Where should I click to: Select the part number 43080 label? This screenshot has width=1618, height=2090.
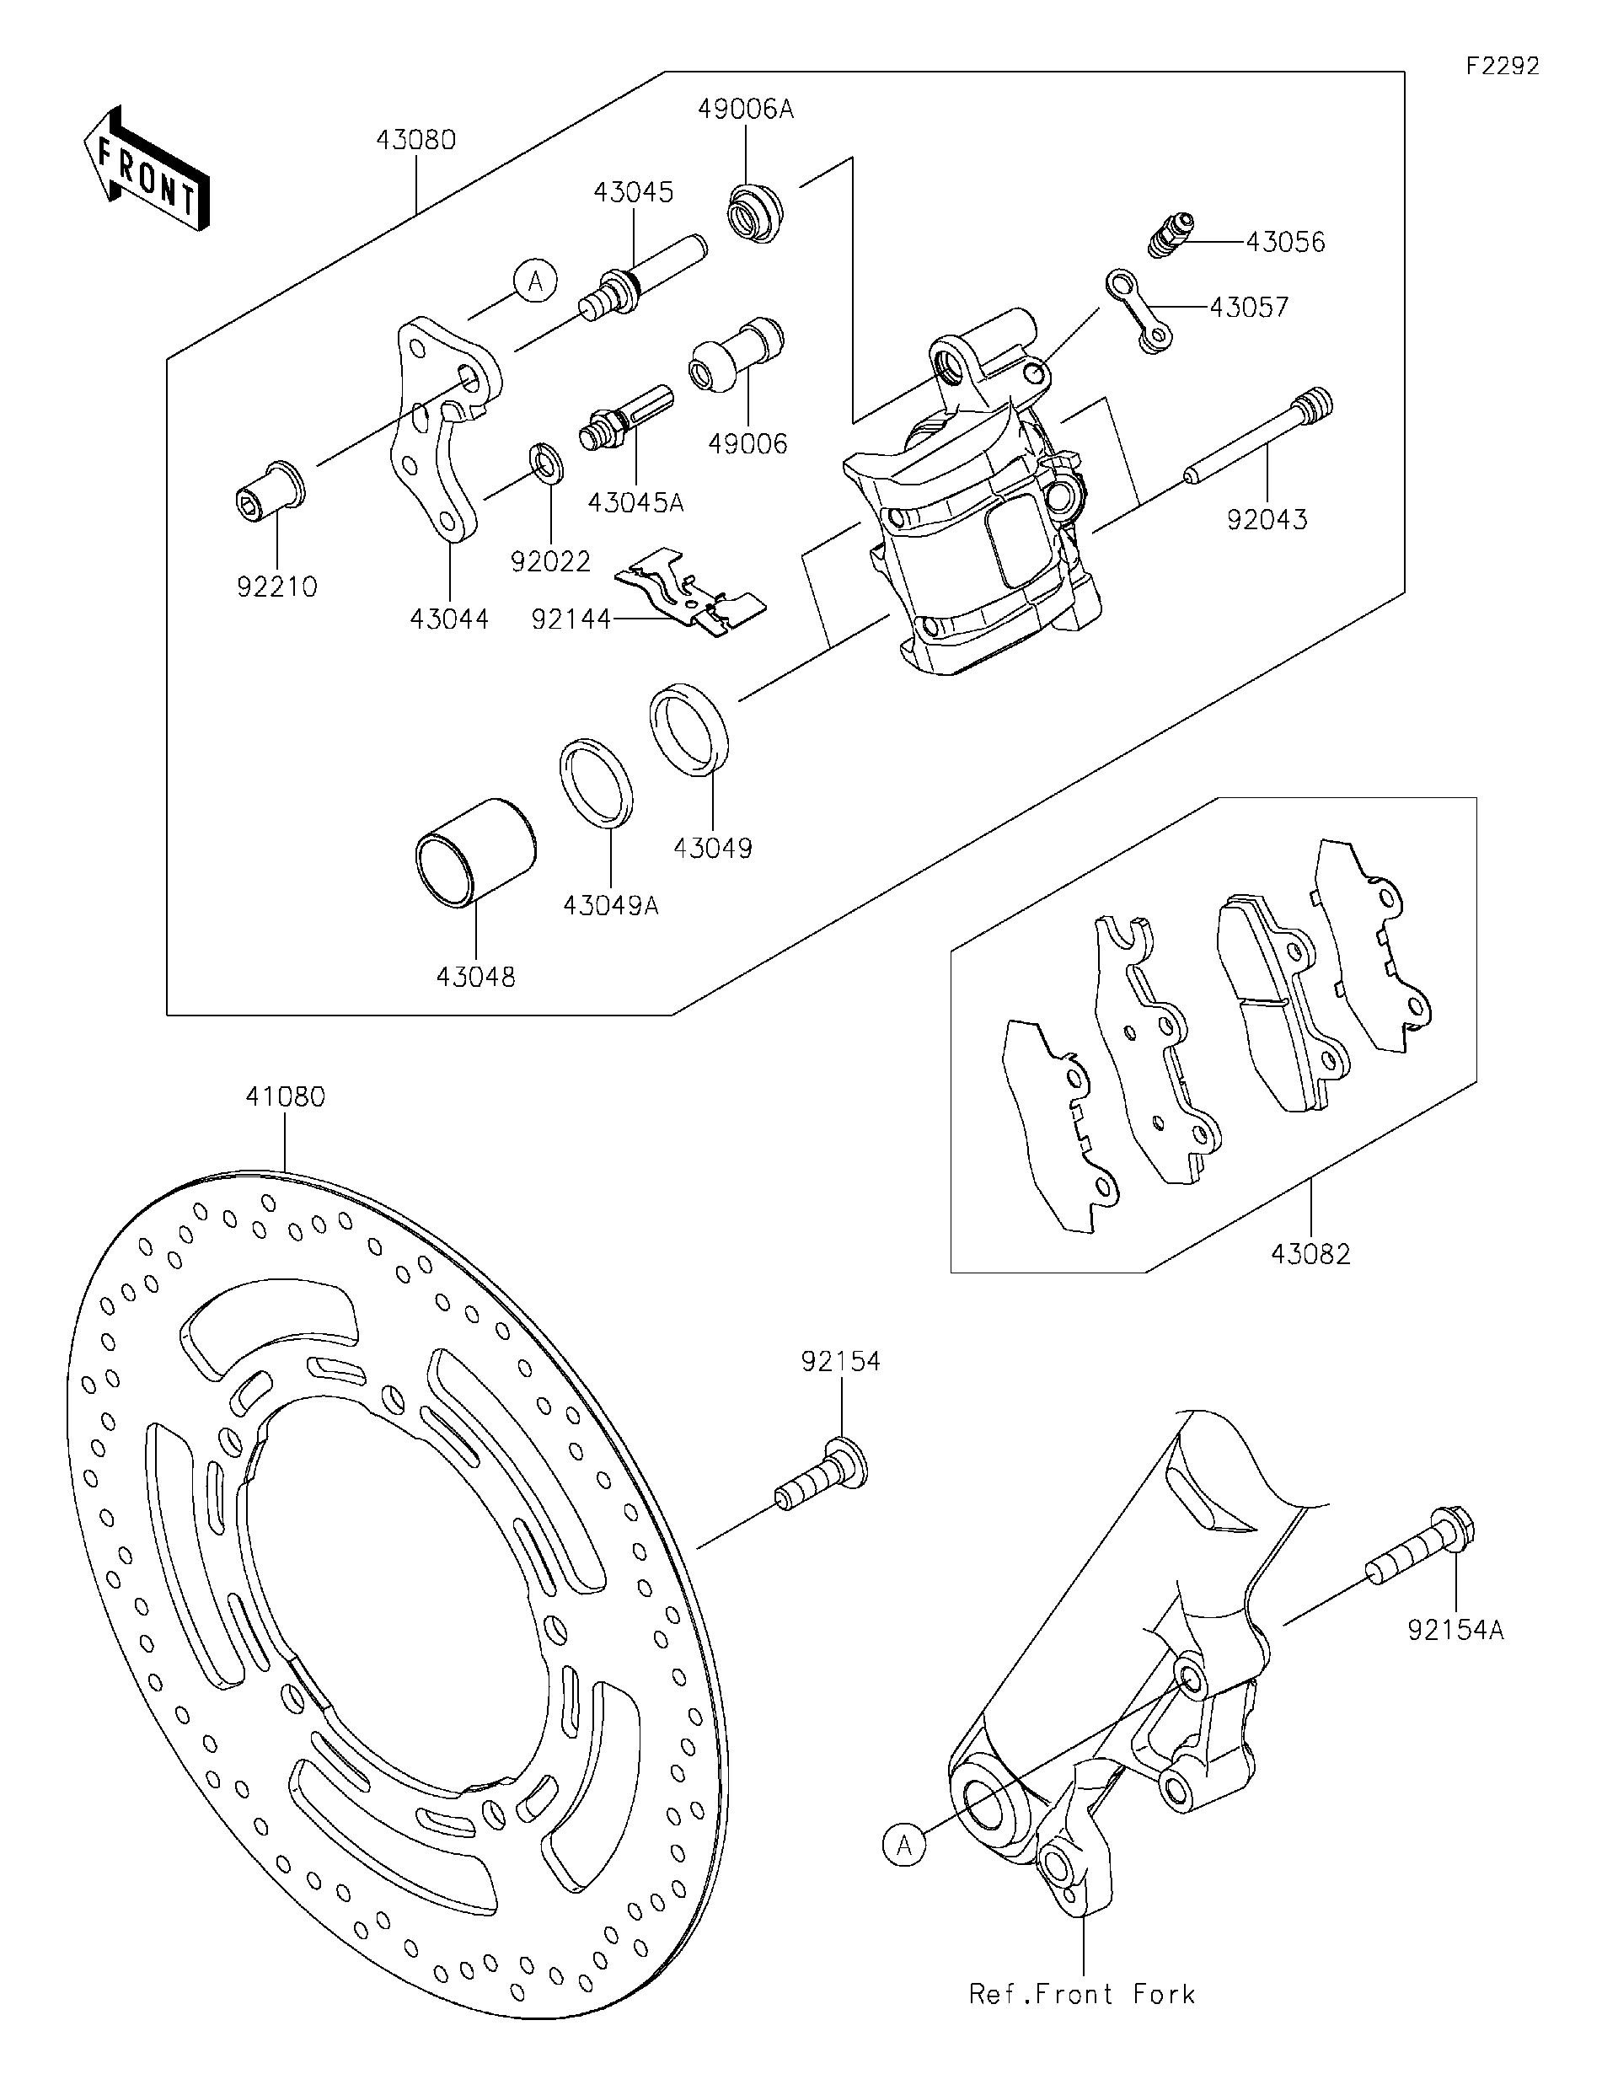[415, 141]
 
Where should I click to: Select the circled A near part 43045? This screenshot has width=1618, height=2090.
[535, 281]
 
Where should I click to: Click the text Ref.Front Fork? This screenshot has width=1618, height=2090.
[1081, 1994]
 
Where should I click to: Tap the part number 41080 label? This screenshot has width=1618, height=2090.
[285, 1096]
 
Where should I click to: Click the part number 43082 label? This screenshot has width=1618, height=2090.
[1311, 1254]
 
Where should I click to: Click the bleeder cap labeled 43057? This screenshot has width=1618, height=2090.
[1138, 312]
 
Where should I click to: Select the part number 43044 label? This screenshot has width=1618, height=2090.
[449, 620]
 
